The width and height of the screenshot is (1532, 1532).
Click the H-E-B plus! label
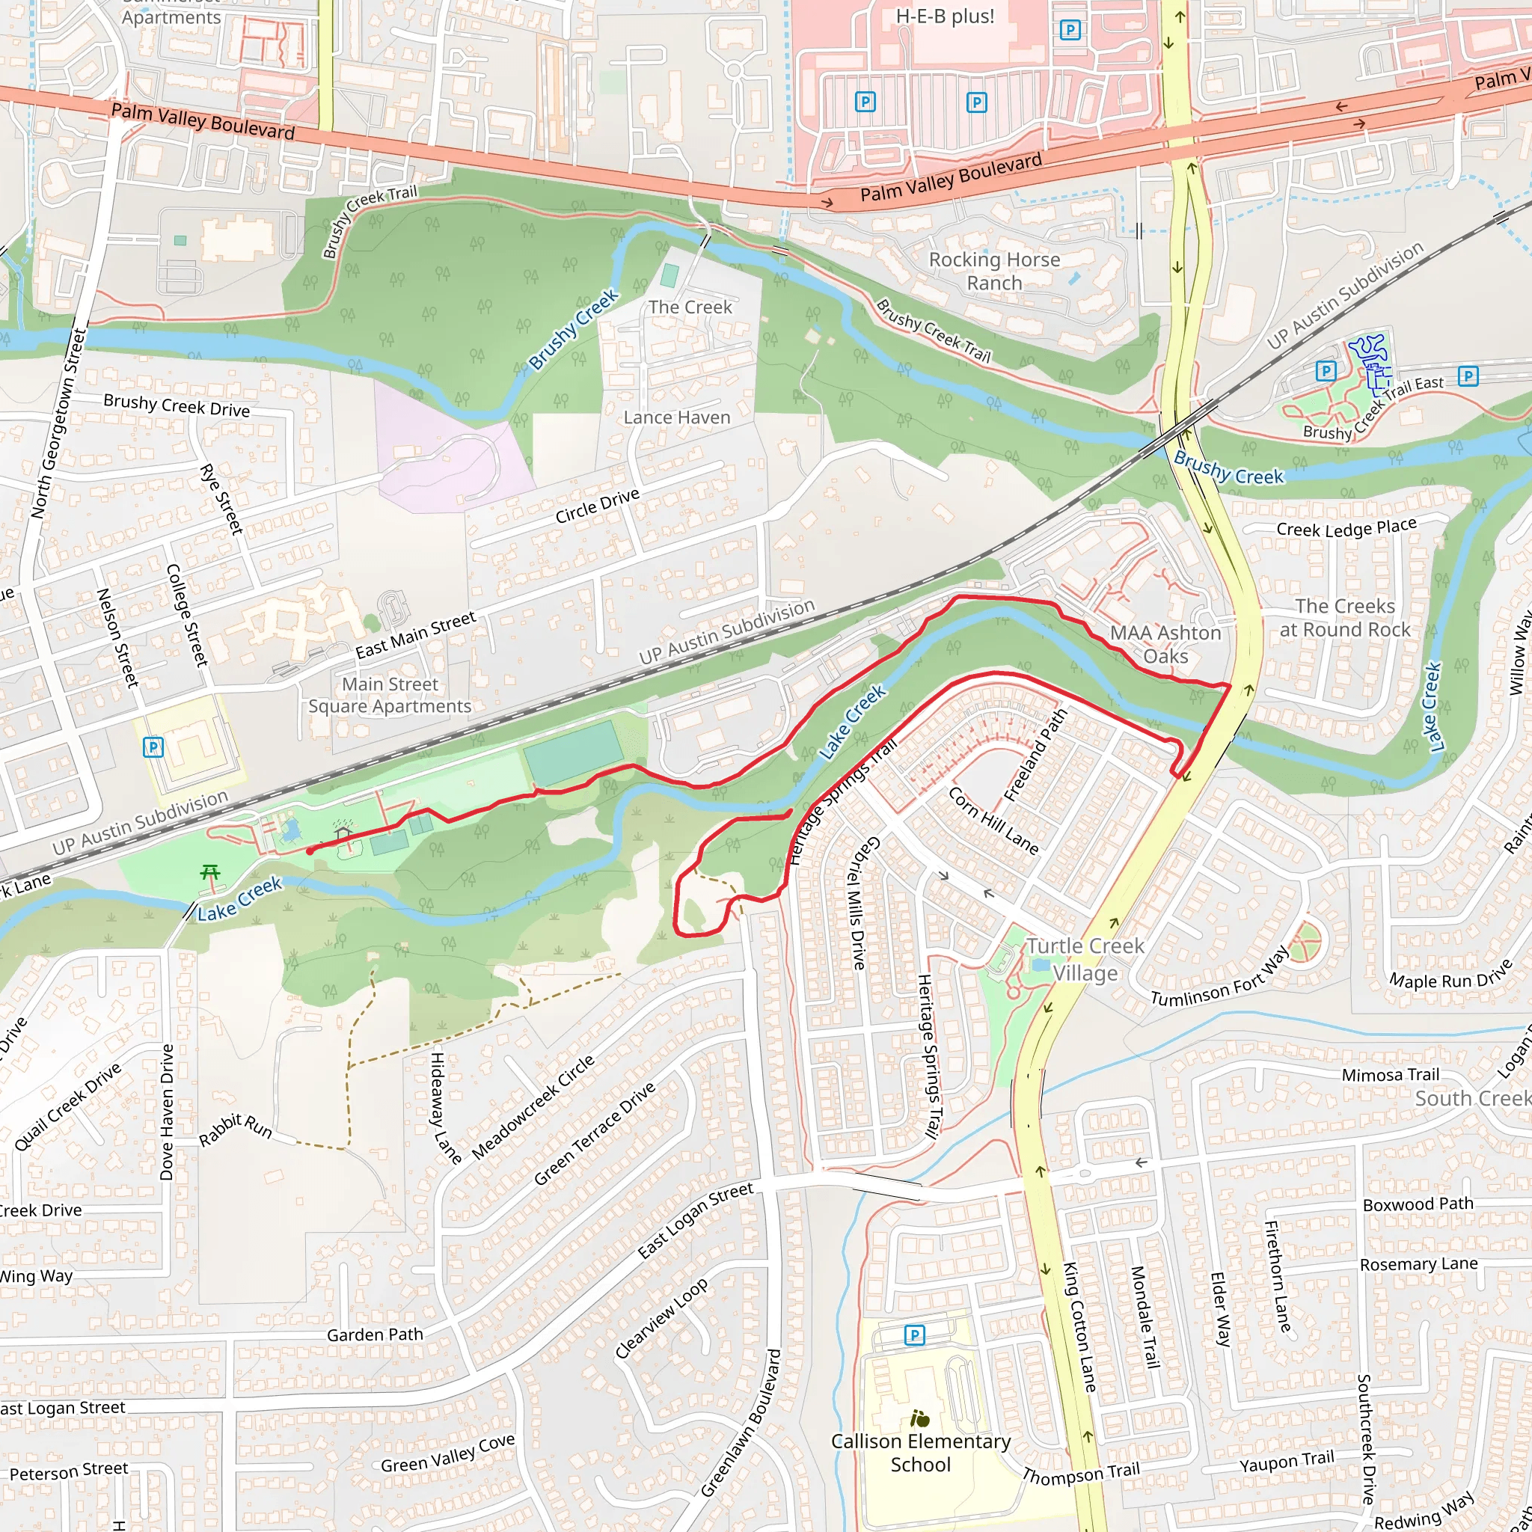tap(945, 16)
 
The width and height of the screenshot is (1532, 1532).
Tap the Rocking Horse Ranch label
tap(994, 272)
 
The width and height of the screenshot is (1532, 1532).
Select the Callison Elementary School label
tap(921, 1453)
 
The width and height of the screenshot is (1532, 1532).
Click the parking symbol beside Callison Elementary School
tap(914, 1335)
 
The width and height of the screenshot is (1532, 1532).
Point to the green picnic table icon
tap(210, 873)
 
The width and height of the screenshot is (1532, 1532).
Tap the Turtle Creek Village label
tap(1085, 960)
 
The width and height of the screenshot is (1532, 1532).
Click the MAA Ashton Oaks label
tap(1165, 644)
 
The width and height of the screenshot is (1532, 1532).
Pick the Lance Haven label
tap(676, 417)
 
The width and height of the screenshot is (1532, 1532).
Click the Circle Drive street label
tap(597, 506)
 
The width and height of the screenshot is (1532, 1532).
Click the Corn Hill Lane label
tap(993, 821)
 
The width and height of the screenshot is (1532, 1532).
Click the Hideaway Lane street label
tap(446, 1108)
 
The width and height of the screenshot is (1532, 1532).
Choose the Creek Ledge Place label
tap(1346, 528)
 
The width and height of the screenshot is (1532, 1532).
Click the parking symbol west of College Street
tap(153, 746)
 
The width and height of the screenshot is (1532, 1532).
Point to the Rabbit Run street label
tap(236, 1129)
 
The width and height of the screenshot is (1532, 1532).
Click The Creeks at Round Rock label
tap(1345, 618)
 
